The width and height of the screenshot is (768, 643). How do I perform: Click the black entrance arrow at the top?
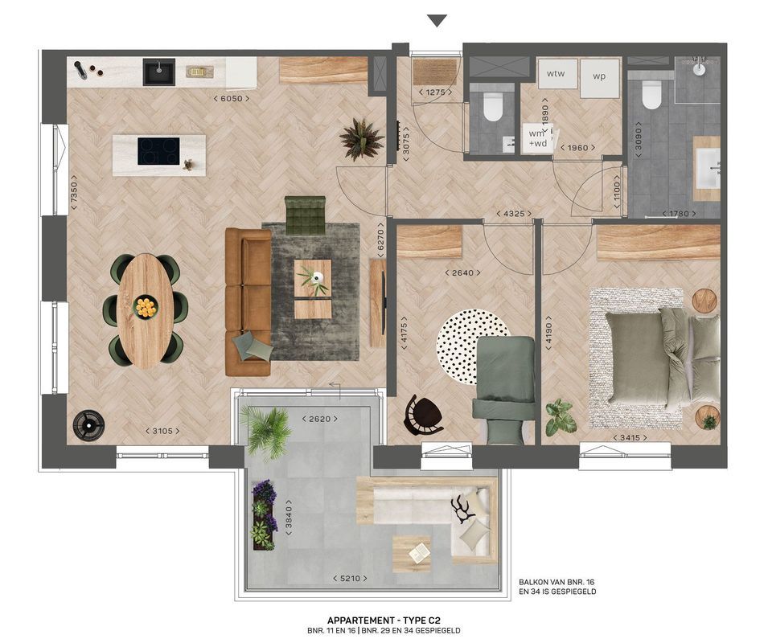click(x=437, y=21)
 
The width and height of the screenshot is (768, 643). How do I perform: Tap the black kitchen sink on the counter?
click(x=159, y=72)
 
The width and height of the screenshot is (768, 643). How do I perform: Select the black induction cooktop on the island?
click(x=158, y=151)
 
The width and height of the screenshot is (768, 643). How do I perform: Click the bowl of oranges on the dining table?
click(x=146, y=306)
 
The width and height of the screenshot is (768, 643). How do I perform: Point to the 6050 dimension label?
click(x=231, y=99)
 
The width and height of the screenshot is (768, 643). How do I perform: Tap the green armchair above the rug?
click(x=305, y=215)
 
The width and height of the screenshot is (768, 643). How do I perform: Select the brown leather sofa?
click(x=248, y=301)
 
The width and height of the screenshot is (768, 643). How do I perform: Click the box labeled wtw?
click(x=556, y=75)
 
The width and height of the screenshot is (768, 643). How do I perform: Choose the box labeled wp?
click(x=599, y=77)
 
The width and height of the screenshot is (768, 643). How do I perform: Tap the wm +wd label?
click(x=536, y=139)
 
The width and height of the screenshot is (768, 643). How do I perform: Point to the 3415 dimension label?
click(x=630, y=438)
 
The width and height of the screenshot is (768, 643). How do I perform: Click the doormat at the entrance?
click(x=434, y=72)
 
